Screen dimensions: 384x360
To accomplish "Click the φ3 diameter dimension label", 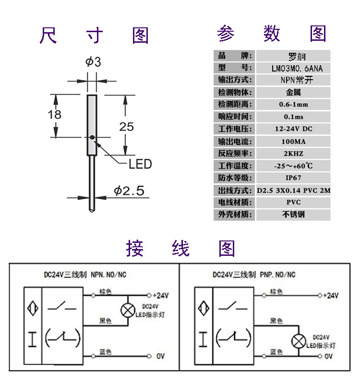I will coord(93,62).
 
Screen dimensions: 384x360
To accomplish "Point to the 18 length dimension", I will coord(55,114).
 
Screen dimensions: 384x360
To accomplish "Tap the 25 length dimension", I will coord(126,127).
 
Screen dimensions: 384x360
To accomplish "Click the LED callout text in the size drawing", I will coord(140,164).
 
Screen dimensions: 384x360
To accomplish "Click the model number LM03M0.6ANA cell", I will coord(293,68).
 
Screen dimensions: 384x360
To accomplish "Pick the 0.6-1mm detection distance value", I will coord(293,105).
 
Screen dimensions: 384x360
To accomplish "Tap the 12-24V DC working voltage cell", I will coord(293,129).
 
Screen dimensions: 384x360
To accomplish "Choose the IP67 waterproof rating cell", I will coord(293,178).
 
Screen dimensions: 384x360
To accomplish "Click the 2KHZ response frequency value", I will coord(293,154).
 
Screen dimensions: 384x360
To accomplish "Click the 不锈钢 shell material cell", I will coord(293,215).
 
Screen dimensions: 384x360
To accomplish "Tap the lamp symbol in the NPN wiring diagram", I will coord(127,310).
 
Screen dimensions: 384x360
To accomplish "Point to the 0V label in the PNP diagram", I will coord(329,356).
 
